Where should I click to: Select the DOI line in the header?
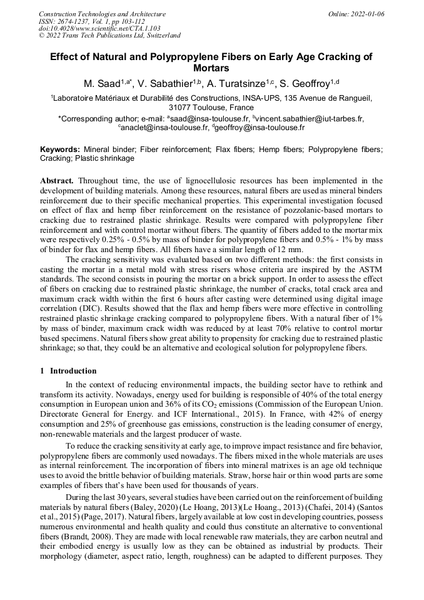coord(99,28)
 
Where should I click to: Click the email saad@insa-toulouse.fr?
coord(211,118)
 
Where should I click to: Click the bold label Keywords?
coord(60,150)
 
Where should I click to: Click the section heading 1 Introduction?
coord(69,371)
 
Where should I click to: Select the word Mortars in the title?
coord(211,68)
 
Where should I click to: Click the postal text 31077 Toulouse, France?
coord(211,107)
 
